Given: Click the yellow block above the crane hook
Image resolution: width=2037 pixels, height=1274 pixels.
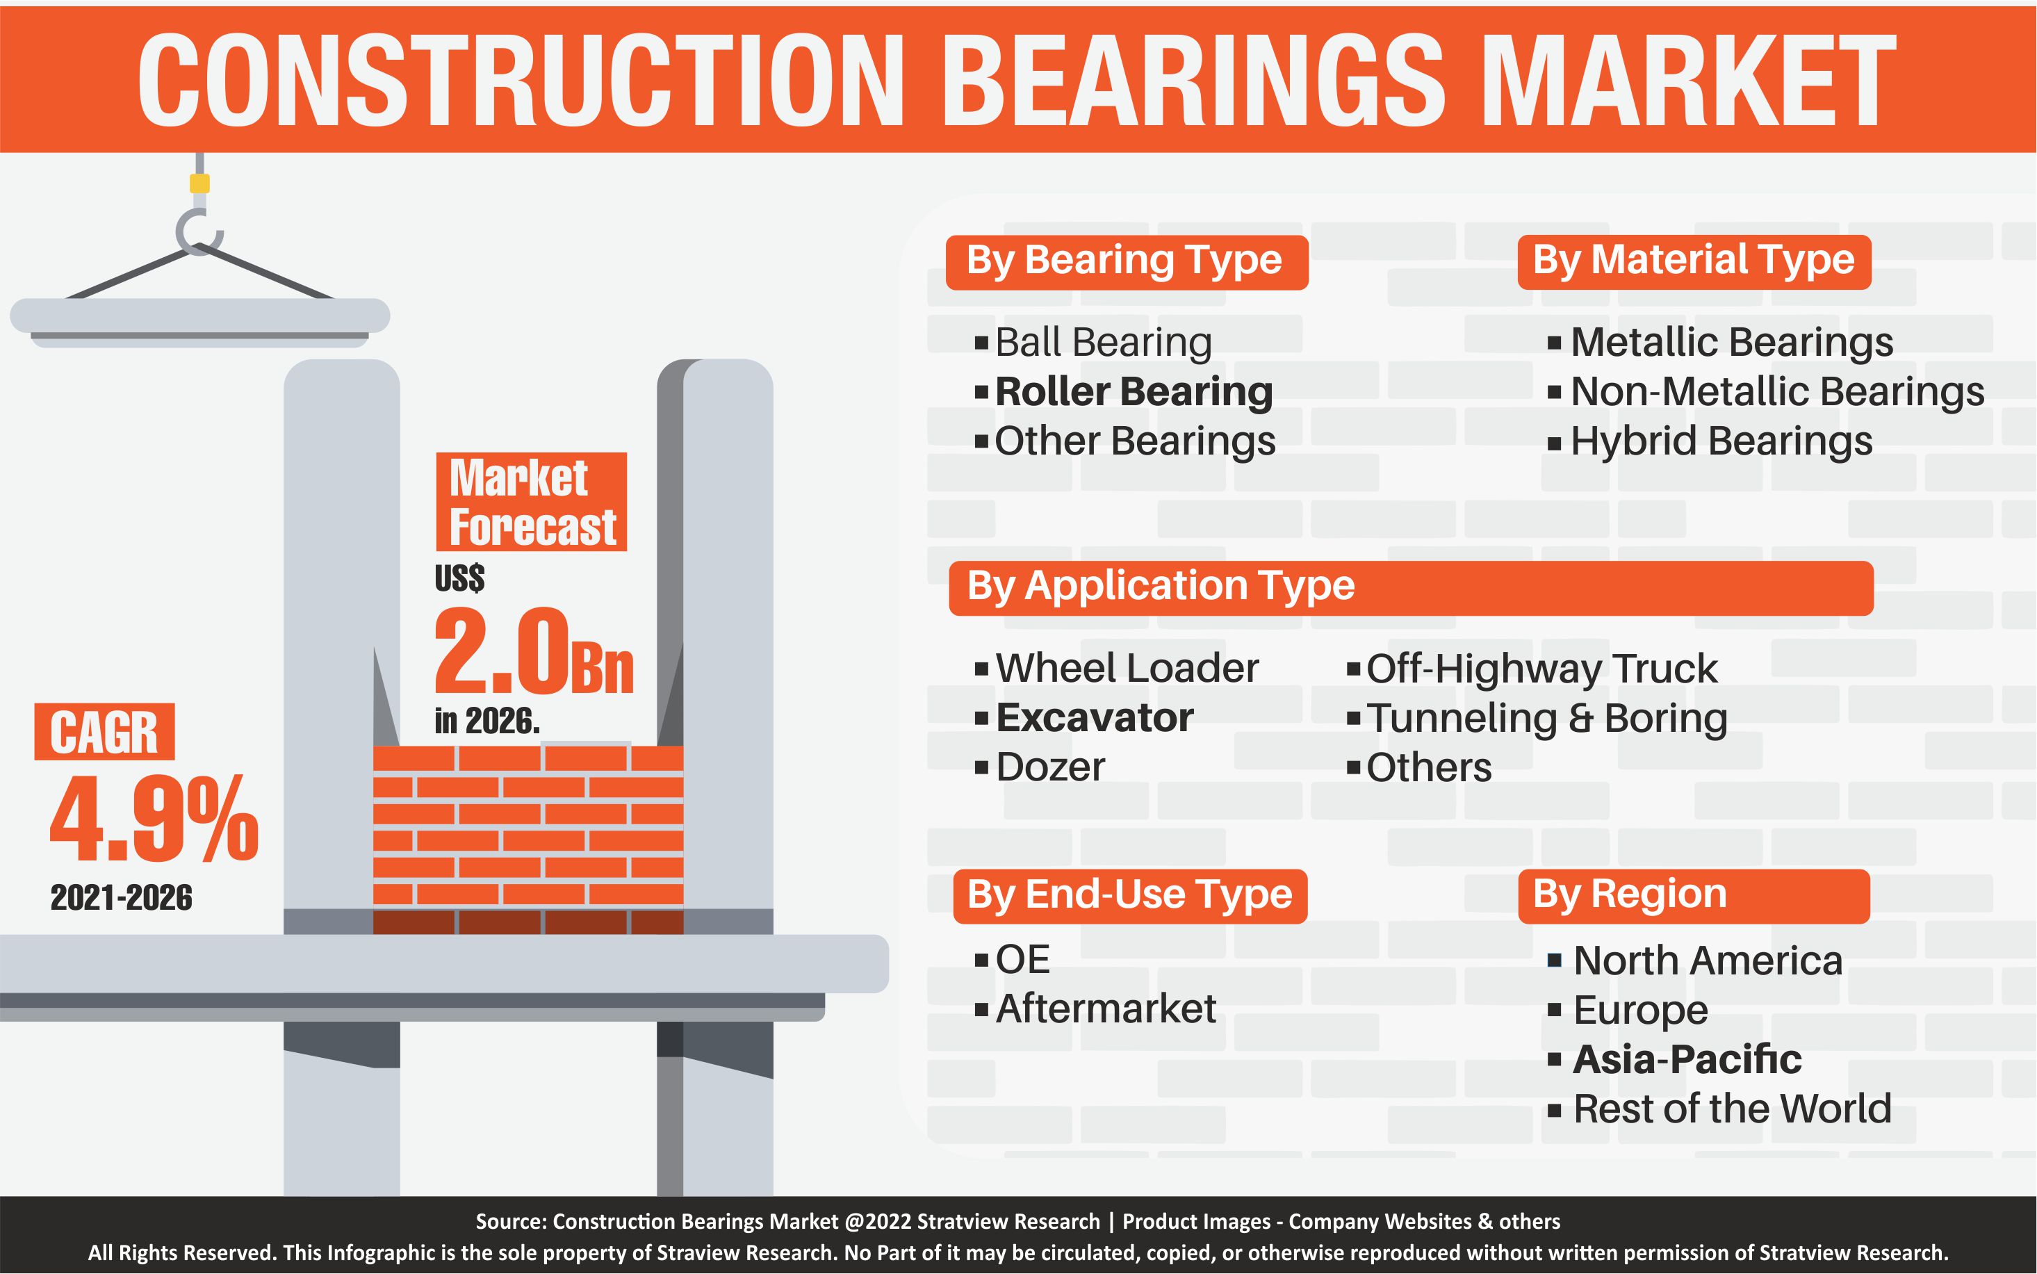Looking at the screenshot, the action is coord(199,183).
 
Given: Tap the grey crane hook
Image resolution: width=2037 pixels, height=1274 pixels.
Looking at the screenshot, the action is coord(196,234).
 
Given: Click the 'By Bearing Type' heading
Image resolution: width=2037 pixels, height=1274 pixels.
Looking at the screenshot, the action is coord(1125,262).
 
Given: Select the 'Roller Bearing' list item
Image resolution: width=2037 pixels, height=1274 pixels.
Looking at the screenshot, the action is coord(1134,392).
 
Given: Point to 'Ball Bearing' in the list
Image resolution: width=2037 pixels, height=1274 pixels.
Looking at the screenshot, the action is coord(1104,343).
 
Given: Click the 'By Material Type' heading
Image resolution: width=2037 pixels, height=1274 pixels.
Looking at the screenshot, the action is coord(1693,262).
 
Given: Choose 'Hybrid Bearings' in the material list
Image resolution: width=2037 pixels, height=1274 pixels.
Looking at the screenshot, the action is coord(1721,441).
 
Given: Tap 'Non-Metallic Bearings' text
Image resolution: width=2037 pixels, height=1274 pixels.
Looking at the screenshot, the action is coord(1778,392).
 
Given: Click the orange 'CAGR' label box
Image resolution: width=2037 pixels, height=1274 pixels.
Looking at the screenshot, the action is coord(104,731).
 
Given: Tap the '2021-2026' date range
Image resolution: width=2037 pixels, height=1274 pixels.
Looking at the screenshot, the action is coord(122,898).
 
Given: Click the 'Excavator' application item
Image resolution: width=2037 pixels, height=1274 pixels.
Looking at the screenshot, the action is coord(1095,718).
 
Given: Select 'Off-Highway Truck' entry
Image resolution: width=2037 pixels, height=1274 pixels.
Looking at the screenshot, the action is coord(1541,669).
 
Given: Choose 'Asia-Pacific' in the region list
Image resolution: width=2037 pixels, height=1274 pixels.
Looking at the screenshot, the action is coord(1687,1059).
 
